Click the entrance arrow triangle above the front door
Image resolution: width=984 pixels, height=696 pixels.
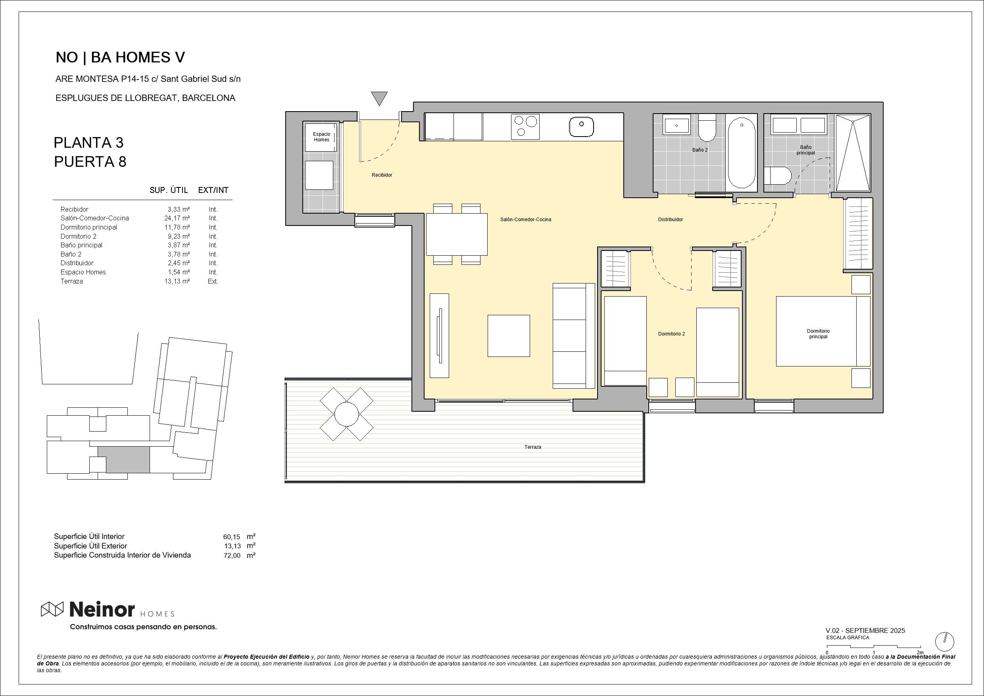379,98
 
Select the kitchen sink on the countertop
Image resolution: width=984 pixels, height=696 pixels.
582,127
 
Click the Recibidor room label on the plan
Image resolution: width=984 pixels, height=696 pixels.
382,175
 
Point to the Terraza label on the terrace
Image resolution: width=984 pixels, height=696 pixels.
533,447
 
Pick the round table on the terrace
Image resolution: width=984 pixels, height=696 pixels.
346,414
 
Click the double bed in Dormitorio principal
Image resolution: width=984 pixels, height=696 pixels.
823,331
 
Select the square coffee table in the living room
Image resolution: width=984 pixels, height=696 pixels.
509,336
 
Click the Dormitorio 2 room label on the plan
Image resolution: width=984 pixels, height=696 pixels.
672,334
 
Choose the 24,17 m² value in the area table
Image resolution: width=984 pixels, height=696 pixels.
177,218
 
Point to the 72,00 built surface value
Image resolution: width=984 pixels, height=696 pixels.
232,556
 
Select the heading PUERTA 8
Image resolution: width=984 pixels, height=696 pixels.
90,162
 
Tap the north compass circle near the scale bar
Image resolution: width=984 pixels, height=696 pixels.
945,642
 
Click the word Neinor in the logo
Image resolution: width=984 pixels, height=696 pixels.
102,609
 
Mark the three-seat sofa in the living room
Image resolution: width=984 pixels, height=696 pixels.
573,336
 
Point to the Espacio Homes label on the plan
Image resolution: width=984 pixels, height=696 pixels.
321,137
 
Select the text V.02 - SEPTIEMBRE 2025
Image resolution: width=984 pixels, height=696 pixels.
865,630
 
